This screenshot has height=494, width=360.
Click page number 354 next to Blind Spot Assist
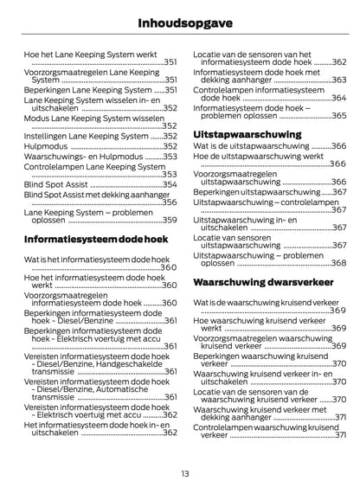(x=170, y=185)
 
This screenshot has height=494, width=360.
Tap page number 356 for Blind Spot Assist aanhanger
(x=170, y=202)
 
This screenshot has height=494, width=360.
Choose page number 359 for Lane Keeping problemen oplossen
(x=170, y=220)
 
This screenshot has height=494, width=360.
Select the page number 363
(x=338, y=80)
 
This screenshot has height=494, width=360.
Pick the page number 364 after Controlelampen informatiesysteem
(x=338, y=98)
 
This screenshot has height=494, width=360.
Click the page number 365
(x=338, y=114)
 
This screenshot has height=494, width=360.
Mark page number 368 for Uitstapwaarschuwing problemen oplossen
(x=338, y=263)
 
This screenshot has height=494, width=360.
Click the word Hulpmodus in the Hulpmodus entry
(x=45, y=146)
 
